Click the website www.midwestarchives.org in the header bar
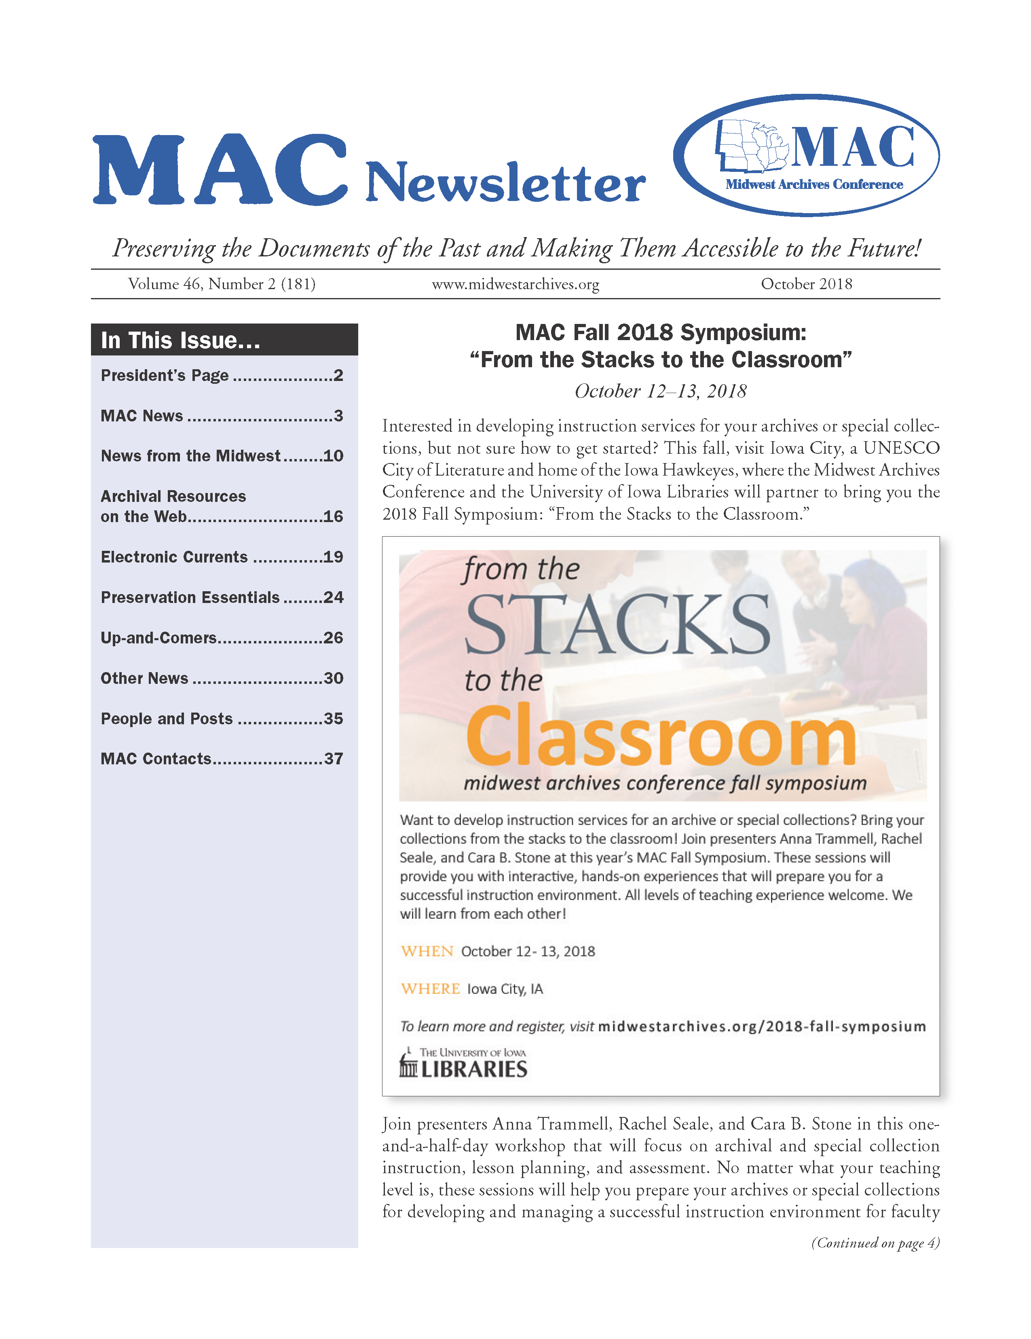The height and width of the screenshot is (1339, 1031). tap(515, 284)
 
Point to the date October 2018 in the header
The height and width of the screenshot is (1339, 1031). tap(806, 284)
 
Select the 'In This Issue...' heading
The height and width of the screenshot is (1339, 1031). tap(180, 340)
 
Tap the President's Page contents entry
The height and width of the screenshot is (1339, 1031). tap(164, 375)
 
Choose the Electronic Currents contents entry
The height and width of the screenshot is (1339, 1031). tap(174, 557)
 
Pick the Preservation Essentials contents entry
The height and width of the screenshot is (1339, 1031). tap(190, 597)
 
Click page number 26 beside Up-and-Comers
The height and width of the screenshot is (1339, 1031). tap(333, 638)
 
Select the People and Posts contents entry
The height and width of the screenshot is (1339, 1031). tap(167, 719)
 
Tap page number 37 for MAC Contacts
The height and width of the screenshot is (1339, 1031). tap(333, 759)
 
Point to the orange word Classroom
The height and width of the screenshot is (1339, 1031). tap(660, 736)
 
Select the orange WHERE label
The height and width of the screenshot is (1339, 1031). tap(430, 988)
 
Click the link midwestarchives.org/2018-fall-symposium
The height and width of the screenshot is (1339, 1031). tap(761, 1026)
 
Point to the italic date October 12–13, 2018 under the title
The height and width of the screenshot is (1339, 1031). tap(660, 391)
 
